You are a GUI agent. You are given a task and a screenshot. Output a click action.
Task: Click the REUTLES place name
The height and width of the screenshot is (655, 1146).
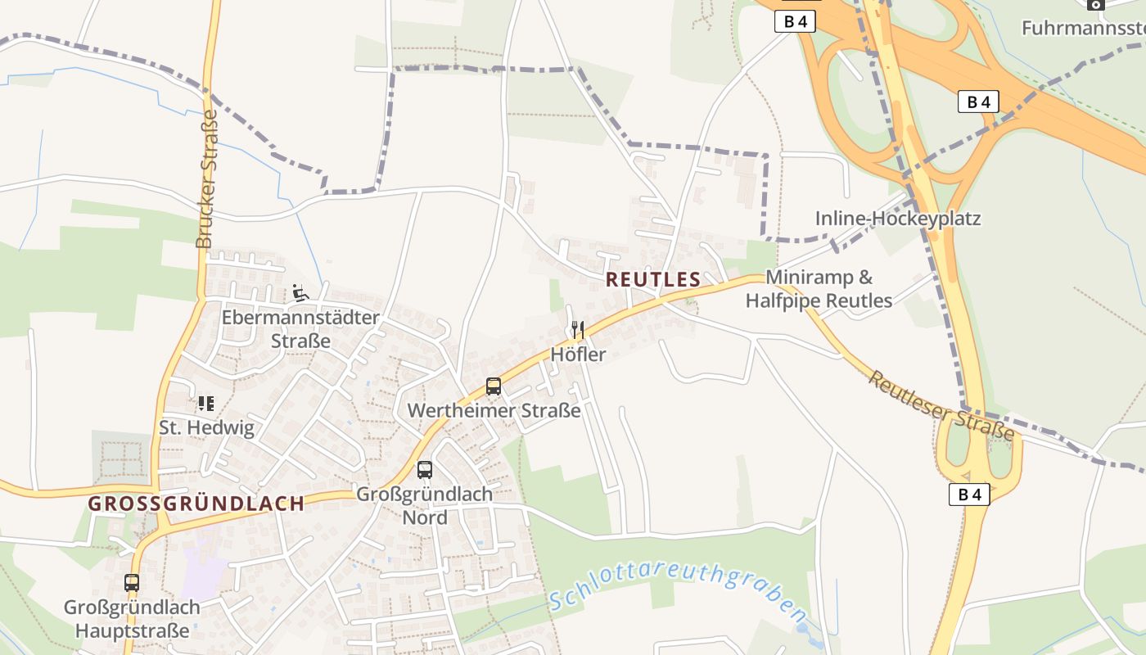pos(652,279)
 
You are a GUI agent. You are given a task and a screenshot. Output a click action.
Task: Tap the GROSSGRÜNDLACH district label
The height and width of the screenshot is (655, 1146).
pos(196,504)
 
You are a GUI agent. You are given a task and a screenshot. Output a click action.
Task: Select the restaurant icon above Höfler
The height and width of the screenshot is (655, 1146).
pos(578,330)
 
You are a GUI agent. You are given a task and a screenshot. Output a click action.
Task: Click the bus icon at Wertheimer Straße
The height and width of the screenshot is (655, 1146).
pos(493,386)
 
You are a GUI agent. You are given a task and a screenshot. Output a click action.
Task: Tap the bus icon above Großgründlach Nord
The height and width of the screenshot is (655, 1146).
pos(424,470)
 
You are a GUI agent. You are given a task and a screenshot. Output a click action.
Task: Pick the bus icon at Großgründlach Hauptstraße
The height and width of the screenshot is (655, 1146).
pos(132,583)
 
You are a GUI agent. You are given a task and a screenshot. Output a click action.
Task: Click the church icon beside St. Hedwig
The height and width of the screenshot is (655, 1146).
pos(205,403)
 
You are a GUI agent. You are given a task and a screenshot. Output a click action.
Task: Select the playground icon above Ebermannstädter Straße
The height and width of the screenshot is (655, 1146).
pos(300,292)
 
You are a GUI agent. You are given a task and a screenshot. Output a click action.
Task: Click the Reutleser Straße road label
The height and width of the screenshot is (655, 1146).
pos(941,405)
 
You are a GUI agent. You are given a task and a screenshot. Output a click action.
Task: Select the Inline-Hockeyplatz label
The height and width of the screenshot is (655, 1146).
pos(897,219)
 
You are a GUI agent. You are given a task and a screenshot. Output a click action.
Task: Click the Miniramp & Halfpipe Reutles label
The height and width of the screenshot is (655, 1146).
pos(819,289)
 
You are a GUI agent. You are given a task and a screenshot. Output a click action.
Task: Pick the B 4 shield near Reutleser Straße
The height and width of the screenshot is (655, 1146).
pos(969,494)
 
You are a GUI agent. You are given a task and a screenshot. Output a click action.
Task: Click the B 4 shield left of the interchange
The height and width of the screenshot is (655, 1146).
pos(794,22)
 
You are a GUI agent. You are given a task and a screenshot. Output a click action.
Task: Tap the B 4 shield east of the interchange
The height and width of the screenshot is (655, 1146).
pos(978,102)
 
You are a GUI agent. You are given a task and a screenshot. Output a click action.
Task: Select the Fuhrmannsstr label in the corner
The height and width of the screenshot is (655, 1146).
pos(1082,29)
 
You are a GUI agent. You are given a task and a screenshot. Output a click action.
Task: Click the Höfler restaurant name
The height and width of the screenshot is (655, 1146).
pos(578,355)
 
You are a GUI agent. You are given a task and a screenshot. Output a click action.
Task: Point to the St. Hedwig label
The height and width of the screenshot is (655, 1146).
pos(206,427)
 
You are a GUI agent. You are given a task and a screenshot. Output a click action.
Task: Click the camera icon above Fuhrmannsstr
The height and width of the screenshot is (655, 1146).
pos(1096,4)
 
